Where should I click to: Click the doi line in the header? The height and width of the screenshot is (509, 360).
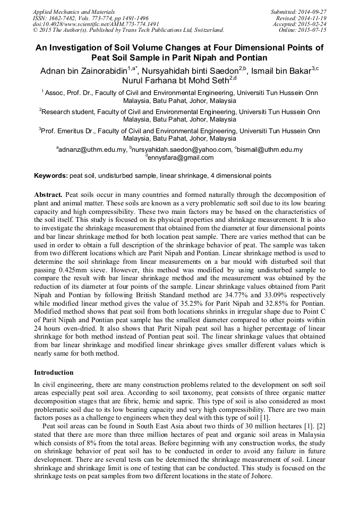click(96, 24)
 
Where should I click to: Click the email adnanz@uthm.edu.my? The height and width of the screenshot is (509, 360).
click(93, 150)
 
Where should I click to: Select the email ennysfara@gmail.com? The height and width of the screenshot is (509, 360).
click(181, 158)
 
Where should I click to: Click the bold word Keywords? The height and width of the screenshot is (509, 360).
click(50, 176)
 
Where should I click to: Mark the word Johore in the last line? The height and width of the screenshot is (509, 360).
click(260, 476)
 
